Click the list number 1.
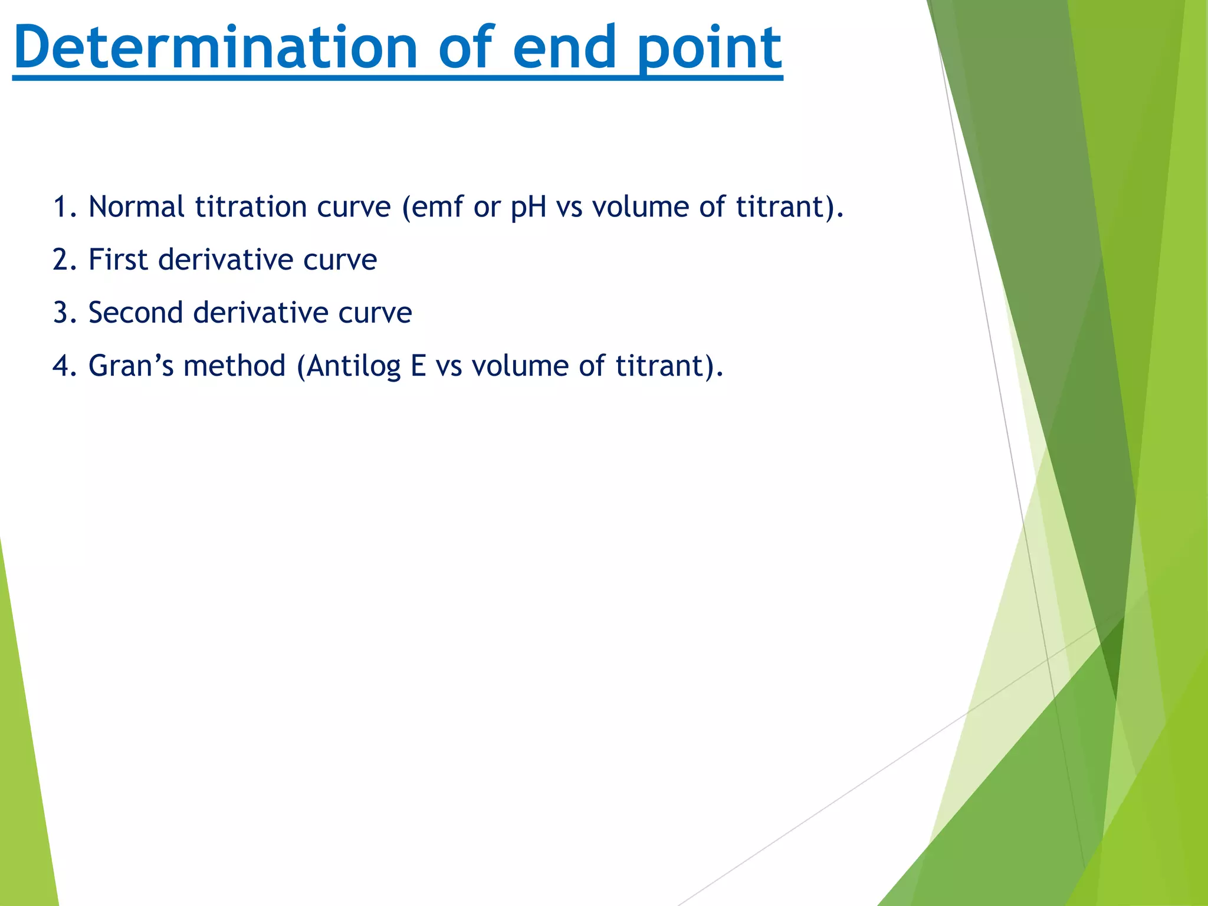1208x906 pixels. [61, 208]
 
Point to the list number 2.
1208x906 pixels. [61, 260]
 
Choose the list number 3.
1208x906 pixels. [61, 313]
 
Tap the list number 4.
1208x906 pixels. [61, 366]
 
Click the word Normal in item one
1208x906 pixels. [136, 208]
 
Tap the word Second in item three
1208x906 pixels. [136, 313]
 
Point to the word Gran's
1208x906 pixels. [131, 366]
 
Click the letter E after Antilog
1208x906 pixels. [418, 366]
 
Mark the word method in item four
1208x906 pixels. [234, 366]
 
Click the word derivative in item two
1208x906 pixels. [225, 260]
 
